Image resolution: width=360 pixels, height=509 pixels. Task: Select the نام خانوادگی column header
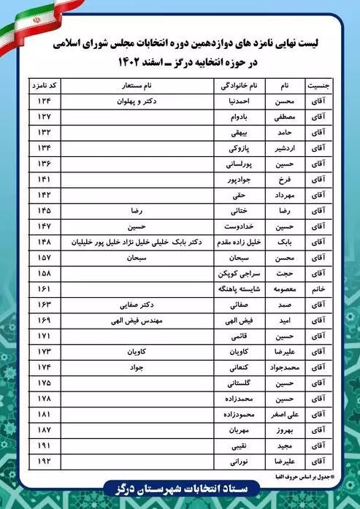pyautogui.click(x=237, y=85)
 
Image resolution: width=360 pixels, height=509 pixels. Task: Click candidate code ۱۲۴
pyautogui.click(x=45, y=100)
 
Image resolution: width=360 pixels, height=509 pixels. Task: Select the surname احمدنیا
pyautogui.click(x=239, y=100)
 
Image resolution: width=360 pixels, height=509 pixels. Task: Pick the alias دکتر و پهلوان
pyautogui.click(x=139, y=100)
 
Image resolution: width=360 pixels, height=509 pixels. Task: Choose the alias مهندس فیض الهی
pyautogui.click(x=139, y=321)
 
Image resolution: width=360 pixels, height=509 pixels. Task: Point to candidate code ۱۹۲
pyautogui.click(x=45, y=462)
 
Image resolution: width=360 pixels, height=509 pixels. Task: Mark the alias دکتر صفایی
pyautogui.click(x=139, y=305)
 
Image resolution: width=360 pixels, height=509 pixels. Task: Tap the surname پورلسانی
pyautogui.click(x=238, y=163)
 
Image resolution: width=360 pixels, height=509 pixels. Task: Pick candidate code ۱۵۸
pyautogui.click(x=45, y=274)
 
